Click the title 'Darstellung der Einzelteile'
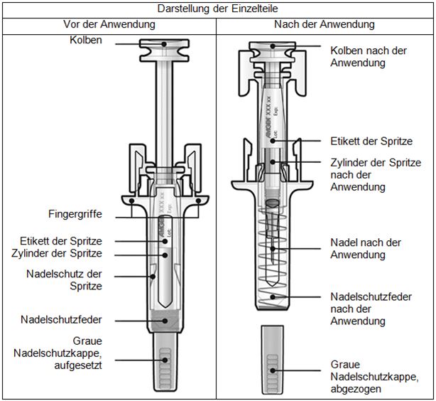(218, 9)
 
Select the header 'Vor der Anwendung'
(110, 25)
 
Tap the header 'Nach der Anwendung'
(324, 25)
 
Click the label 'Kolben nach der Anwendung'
(368, 57)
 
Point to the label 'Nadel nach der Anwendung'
(365, 248)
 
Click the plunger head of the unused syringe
(165, 50)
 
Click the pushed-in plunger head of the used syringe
(271, 54)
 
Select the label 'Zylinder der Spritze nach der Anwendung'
(366, 174)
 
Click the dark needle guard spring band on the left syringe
(165, 320)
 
